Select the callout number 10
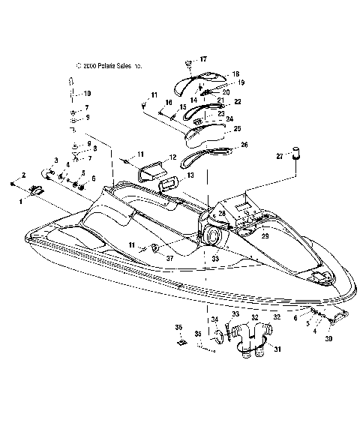[x=87, y=93]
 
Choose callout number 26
[x=244, y=145]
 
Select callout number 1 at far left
[x=22, y=201]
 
